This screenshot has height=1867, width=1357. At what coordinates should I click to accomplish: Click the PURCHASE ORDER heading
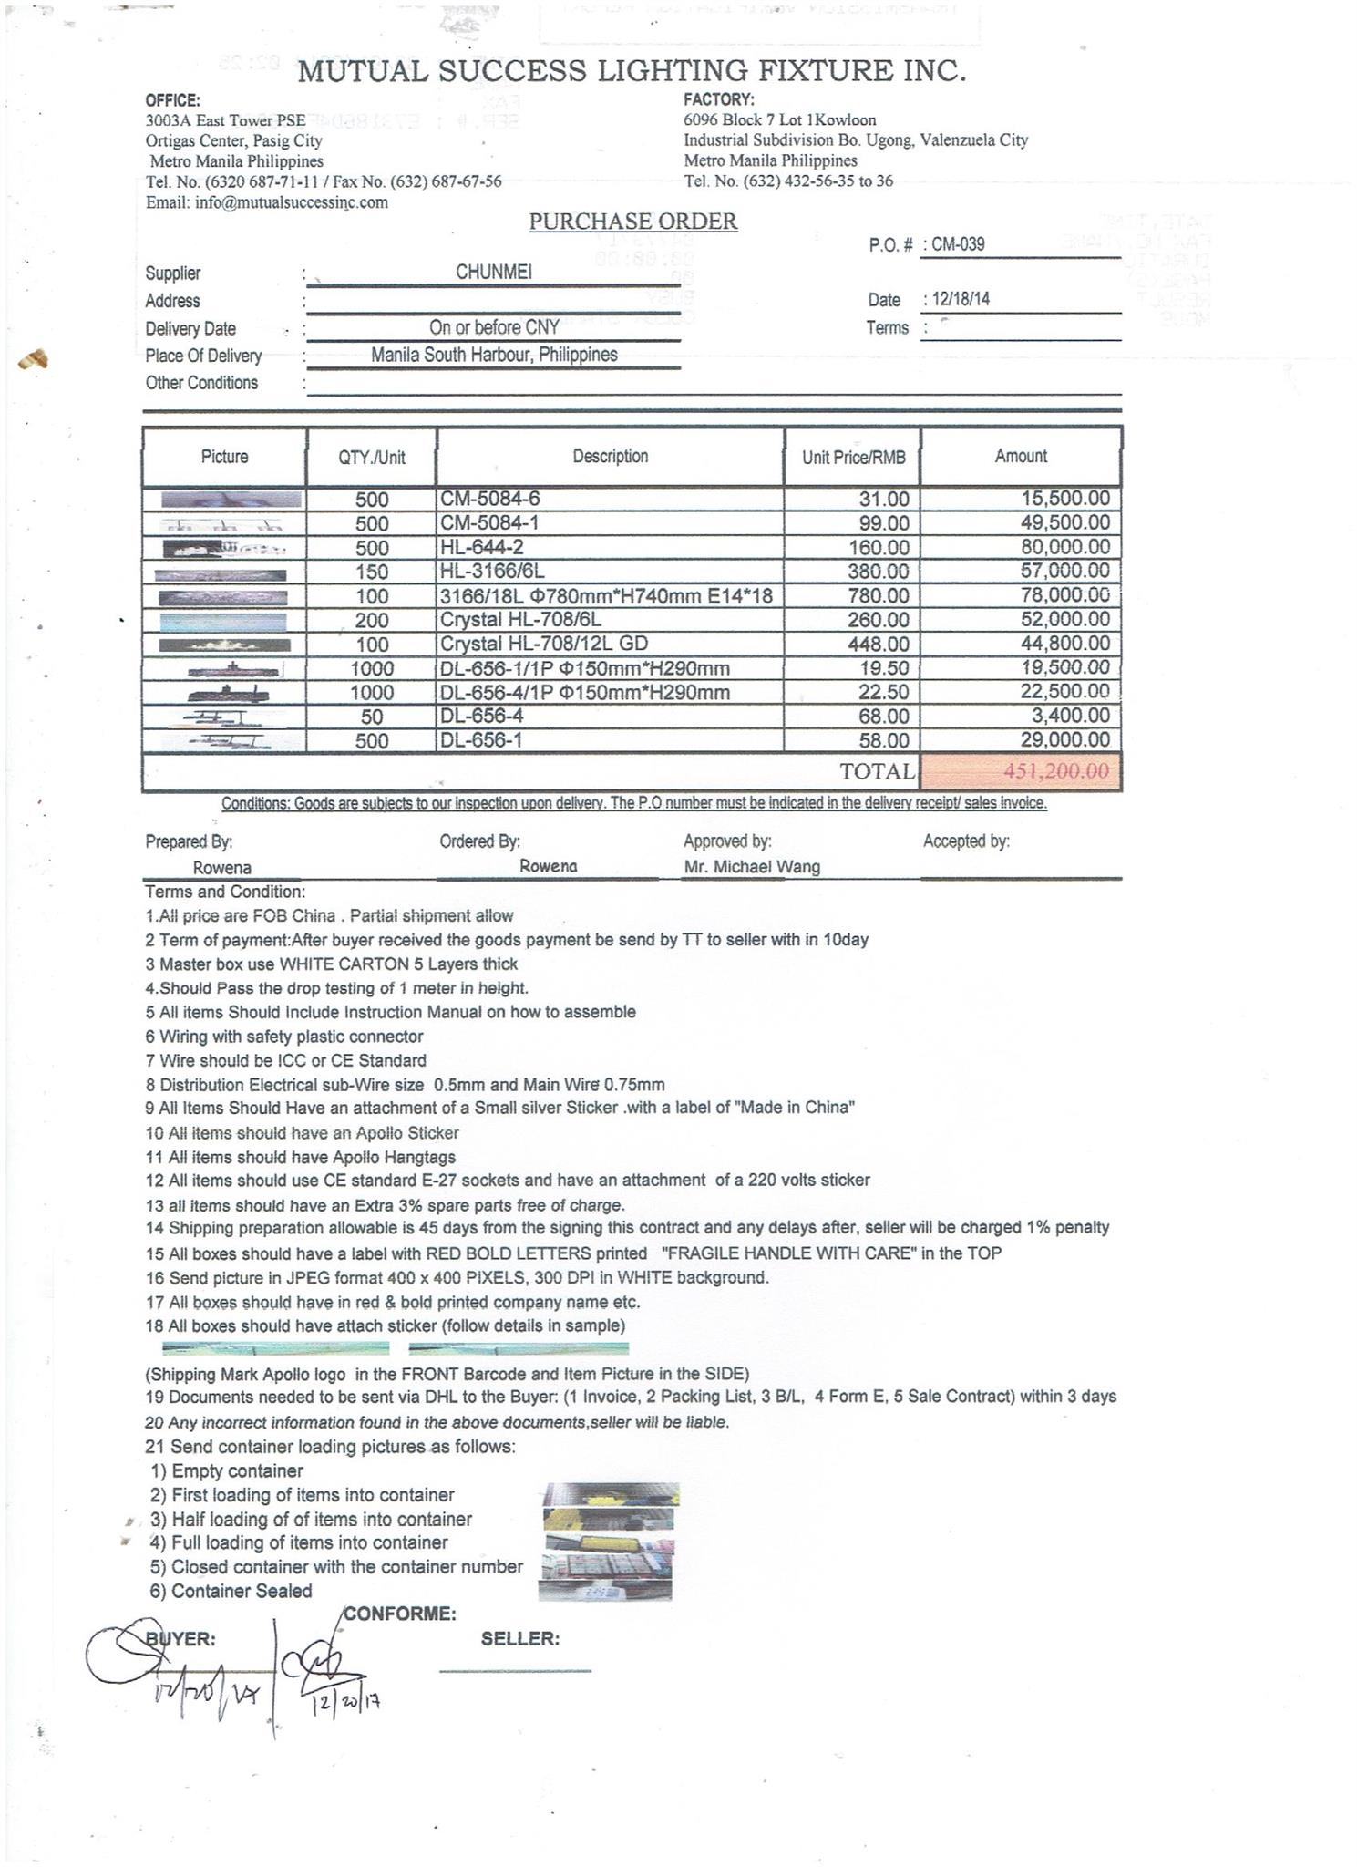pos(633,222)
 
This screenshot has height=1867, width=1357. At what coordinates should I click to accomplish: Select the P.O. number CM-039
pos(958,244)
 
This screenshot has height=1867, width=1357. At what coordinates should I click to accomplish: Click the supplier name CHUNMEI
pos(494,272)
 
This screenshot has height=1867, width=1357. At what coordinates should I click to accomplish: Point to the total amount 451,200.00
pos(1056,771)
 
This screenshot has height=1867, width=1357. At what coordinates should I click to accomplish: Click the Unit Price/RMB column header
pos(853,458)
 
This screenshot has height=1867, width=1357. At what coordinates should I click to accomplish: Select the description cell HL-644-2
pos(482,547)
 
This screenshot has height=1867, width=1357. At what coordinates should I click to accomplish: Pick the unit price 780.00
pos(884,596)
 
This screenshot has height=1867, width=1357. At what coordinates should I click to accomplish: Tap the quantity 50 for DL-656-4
pos(372,717)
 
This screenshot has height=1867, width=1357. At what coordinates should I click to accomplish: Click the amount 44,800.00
pos(1065,645)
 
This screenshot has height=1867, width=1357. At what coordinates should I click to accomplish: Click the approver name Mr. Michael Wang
pos(752,867)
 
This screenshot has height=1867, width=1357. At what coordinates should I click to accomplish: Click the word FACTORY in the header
pos(719,99)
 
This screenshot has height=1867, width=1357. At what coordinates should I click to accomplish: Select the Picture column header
pos(224,457)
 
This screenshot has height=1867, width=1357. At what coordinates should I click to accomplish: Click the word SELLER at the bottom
pos(520,1639)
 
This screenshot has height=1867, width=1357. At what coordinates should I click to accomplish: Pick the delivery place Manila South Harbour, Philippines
pos(494,355)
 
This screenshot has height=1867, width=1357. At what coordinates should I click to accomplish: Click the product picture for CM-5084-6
pos(231,500)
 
